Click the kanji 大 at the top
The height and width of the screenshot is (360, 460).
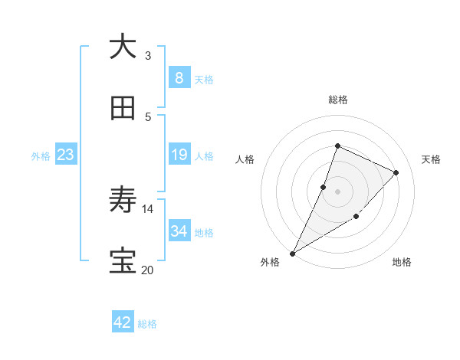123,47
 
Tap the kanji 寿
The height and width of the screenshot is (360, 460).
123,201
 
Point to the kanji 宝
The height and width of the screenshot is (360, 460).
123,262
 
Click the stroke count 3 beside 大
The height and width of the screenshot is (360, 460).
148,55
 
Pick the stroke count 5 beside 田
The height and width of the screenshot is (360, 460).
148,117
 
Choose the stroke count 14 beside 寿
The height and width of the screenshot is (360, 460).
148,208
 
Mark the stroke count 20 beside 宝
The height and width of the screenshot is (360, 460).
147,270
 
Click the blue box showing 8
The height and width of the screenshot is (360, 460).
179,78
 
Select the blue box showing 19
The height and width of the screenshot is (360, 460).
179,155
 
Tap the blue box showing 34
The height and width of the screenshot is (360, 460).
179,231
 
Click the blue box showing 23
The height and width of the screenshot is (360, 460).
65,155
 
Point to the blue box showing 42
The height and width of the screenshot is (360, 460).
123,322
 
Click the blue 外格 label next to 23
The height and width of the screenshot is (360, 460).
41,155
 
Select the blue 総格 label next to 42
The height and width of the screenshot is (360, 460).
147,324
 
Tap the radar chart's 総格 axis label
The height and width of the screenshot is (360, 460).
338,100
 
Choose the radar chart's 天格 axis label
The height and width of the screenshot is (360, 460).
431,159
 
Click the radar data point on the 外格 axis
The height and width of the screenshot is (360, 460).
292,253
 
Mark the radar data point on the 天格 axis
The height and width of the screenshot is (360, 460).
396,172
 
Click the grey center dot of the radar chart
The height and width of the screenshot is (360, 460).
338,191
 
